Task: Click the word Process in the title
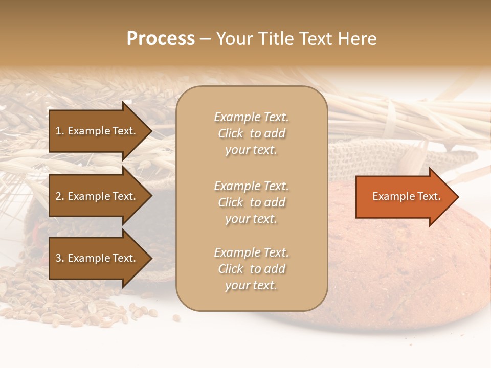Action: [x=161, y=39]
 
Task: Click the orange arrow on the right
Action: [x=404, y=197]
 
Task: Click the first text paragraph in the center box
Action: [x=251, y=133]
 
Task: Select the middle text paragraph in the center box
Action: [x=251, y=202]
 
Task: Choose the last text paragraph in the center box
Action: [x=251, y=269]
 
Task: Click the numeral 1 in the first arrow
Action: [x=58, y=131]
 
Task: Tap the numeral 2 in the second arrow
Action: [x=58, y=196]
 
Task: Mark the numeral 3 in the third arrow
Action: [x=58, y=258]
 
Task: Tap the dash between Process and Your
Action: [x=205, y=39]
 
